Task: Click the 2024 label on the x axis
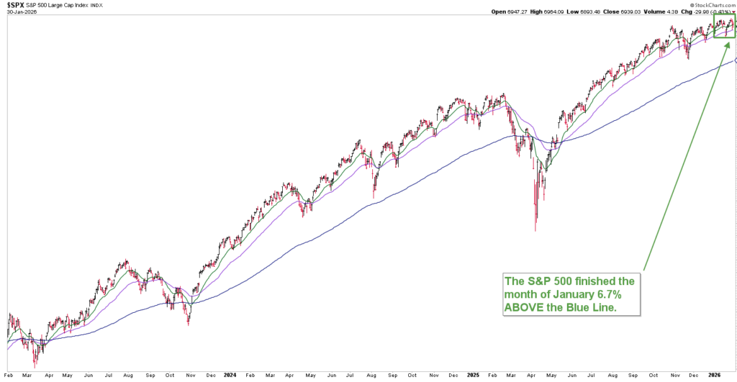click(x=230, y=376)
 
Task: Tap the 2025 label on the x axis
click(x=472, y=376)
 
